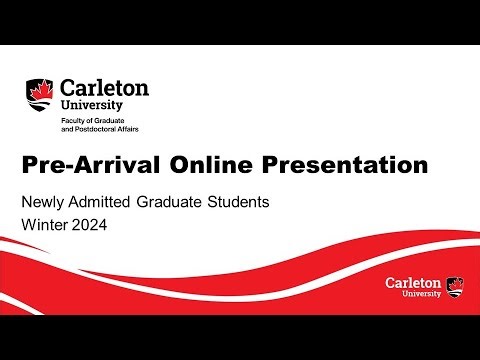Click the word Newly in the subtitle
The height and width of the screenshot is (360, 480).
(43, 202)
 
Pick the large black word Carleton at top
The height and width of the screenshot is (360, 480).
(104, 87)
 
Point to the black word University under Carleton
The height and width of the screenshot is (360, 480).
(92, 104)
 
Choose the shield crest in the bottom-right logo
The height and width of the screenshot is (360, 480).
(455, 286)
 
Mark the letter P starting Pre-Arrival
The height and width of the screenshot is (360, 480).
(30, 163)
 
